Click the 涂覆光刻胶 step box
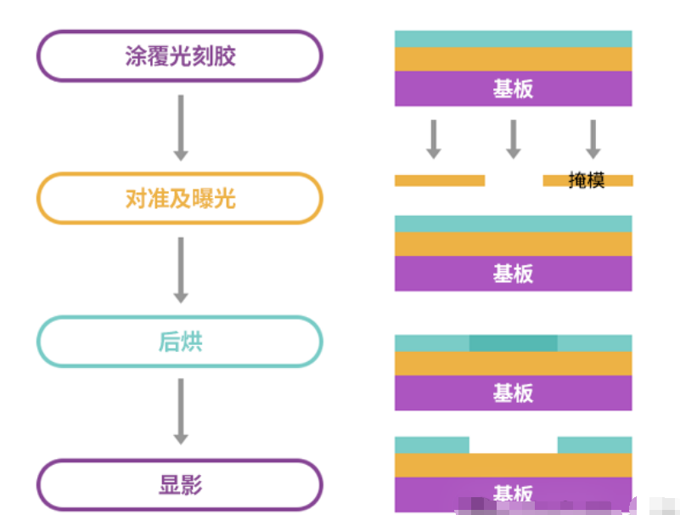(x=179, y=56)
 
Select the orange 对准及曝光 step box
(x=179, y=199)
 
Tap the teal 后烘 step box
(x=179, y=342)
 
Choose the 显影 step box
(x=179, y=485)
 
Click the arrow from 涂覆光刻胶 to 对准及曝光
(x=180, y=127)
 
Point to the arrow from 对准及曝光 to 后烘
(x=180, y=269)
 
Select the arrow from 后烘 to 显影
(x=180, y=411)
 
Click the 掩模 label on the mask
(x=587, y=180)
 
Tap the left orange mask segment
(x=439, y=180)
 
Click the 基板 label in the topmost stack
(x=513, y=88)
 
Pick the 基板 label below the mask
(x=513, y=273)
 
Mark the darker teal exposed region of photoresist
(x=513, y=343)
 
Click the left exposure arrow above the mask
(x=433, y=139)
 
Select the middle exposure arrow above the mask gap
(x=513, y=139)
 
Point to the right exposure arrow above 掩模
(x=593, y=139)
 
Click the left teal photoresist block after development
(x=431, y=444)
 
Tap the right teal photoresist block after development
(x=594, y=444)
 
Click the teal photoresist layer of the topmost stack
(x=513, y=39)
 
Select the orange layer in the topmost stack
(x=513, y=59)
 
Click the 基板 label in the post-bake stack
(x=513, y=392)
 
